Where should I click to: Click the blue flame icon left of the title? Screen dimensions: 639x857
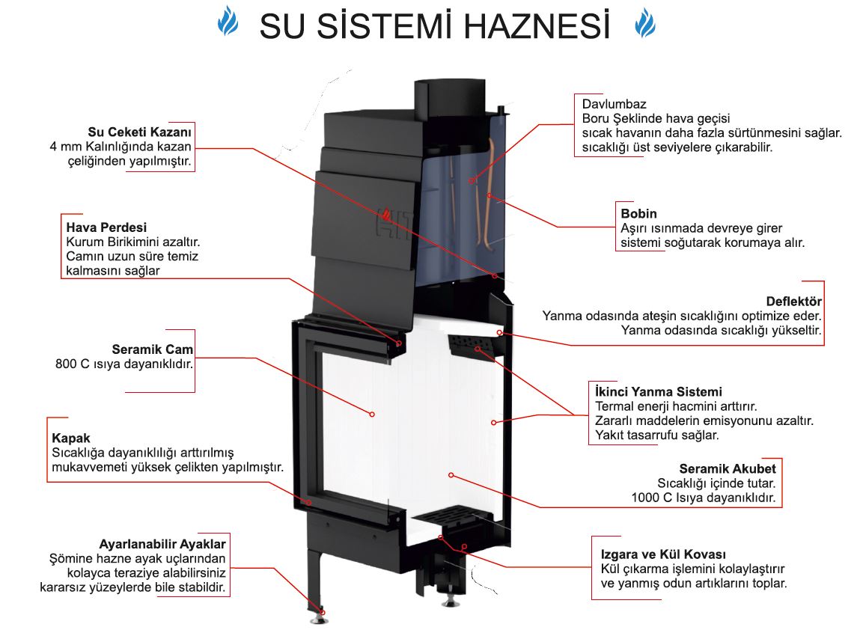click(228, 22)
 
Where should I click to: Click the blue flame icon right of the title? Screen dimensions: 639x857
click(644, 22)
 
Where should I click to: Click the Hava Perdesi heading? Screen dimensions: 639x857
click(106, 227)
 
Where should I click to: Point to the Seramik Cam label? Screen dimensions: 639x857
click(152, 349)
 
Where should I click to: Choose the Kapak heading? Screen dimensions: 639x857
click(71, 437)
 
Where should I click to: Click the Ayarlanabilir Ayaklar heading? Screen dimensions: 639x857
click(162, 543)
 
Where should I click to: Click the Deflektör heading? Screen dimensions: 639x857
click(794, 302)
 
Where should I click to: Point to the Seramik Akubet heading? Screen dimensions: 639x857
click(728, 469)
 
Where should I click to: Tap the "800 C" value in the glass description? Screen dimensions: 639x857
click(72, 364)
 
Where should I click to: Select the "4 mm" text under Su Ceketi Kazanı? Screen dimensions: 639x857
click(63, 147)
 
